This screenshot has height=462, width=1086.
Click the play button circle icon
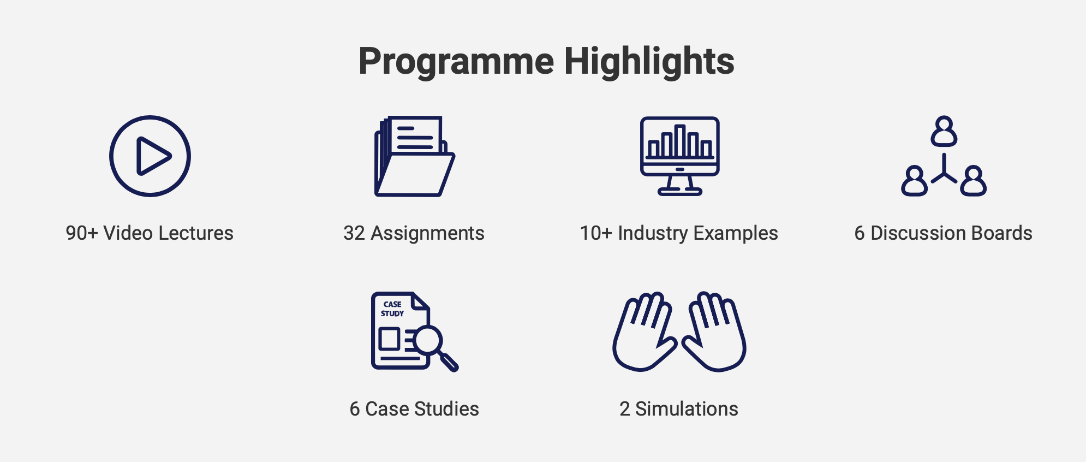[x=150, y=156]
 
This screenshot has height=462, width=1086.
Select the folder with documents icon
[x=415, y=156]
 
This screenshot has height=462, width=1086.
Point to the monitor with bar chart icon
[x=679, y=156]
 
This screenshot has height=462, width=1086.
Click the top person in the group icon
[x=944, y=131]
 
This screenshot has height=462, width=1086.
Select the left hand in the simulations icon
[x=644, y=331]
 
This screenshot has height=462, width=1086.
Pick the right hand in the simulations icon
[x=714, y=331]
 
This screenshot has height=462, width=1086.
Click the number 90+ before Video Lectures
[x=82, y=233]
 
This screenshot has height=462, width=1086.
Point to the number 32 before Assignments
[x=354, y=233]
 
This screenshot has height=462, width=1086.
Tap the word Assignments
[x=427, y=234]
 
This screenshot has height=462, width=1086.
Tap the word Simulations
[x=687, y=409]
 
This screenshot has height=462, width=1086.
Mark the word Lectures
[x=196, y=233]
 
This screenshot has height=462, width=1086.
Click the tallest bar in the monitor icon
[x=679, y=141]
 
